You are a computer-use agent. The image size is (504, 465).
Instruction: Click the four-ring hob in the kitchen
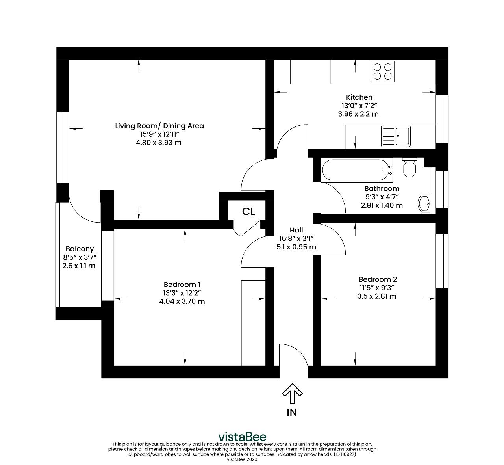click(382, 71)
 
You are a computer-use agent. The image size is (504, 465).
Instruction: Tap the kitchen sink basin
click(402, 136)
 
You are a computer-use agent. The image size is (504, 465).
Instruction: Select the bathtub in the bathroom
click(357, 170)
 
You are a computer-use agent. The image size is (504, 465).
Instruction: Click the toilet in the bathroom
click(409, 167)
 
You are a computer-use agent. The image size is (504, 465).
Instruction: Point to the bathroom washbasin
click(424, 203)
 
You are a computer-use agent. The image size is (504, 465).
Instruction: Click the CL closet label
click(248, 211)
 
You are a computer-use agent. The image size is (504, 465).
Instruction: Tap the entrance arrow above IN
click(292, 393)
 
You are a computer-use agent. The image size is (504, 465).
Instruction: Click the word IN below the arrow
click(292, 413)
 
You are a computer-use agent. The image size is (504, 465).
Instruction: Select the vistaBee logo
click(243, 437)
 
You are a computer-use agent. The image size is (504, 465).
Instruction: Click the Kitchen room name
click(359, 97)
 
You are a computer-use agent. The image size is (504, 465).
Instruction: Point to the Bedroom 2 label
click(378, 279)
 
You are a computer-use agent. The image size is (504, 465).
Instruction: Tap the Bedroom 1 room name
click(182, 285)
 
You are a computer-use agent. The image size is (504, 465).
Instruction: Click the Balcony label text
click(80, 249)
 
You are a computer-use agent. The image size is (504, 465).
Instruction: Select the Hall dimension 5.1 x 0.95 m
click(296, 247)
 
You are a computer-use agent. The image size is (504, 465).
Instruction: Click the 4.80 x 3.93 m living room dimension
click(159, 143)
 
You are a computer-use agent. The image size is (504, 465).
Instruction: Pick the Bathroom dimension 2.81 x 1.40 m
click(382, 205)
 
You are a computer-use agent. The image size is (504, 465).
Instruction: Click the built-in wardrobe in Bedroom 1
click(253, 323)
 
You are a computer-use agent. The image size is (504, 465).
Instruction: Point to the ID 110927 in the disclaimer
click(345, 454)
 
